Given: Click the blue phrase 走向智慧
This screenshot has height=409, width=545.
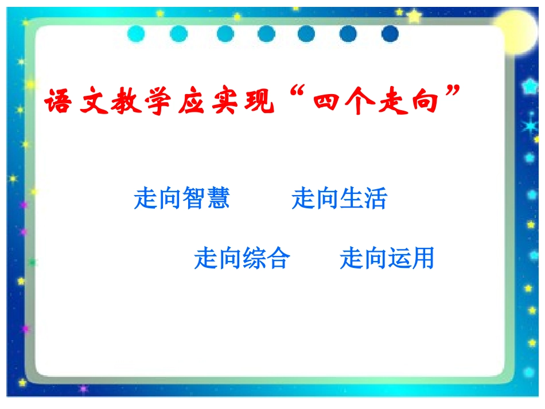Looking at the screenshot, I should [x=182, y=199].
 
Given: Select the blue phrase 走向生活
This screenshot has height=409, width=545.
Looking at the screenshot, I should [x=340, y=199].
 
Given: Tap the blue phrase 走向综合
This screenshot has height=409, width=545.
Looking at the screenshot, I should [x=242, y=259].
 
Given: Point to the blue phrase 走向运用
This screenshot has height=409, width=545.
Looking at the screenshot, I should [x=387, y=259].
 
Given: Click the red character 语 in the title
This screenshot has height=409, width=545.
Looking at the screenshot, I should [x=59, y=102].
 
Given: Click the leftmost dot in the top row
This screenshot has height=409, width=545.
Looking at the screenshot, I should [x=137, y=34].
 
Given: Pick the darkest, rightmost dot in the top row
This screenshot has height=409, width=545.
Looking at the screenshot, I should [x=390, y=34].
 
